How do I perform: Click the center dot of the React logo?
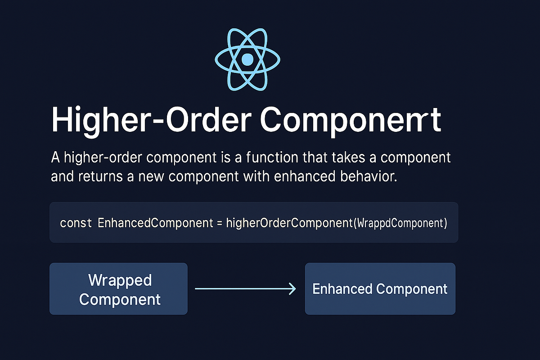247,59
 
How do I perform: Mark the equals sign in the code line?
220,223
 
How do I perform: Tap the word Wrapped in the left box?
120,280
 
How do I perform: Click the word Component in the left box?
120,299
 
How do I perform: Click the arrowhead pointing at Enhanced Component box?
292,289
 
